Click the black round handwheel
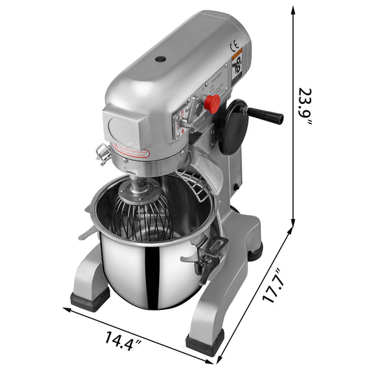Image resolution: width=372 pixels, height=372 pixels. [x=232, y=126]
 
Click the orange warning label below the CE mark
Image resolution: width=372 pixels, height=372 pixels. [x=237, y=56]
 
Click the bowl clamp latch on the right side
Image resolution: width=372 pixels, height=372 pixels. [x=209, y=255]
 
